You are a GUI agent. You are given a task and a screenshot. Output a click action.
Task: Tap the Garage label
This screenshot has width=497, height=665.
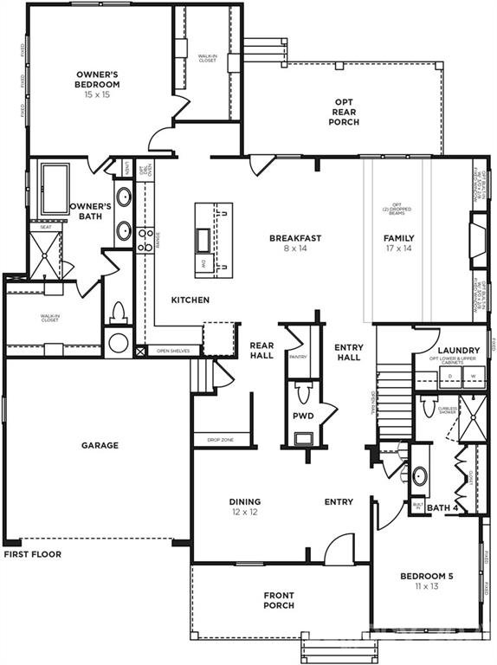pyautogui.click(x=100, y=445)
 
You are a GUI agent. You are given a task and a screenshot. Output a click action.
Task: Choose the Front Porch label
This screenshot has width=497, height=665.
pyautogui.click(x=279, y=600)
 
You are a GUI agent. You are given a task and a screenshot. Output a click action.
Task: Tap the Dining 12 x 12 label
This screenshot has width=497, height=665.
pyautogui.click(x=245, y=507)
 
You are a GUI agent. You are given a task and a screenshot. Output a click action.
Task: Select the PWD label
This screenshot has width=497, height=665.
pyautogui.click(x=303, y=416)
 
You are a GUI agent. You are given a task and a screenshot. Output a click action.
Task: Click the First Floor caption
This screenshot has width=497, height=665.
pyautogui.click(x=32, y=554)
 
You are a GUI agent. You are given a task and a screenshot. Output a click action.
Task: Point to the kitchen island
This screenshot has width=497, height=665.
pyautogui.click(x=213, y=240)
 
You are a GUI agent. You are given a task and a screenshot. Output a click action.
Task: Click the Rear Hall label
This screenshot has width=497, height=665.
pyautogui.click(x=261, y=350)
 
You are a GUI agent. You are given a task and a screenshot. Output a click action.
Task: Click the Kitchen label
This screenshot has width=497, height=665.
pyautogui.click(x=190, y=300)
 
